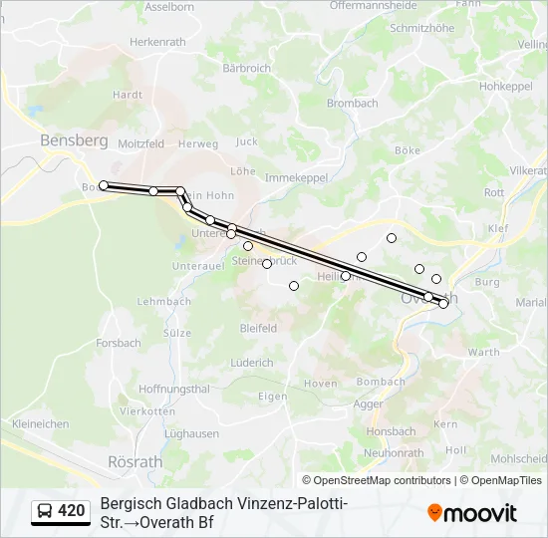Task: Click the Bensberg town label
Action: click(74, 140)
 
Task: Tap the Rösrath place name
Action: click(128, 461)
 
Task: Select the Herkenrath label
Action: click(158, 42)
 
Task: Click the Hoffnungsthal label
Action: click(174, 389)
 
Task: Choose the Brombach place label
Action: click(353, 103)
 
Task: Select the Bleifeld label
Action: click(257, 327)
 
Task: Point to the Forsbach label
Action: click(119, 343)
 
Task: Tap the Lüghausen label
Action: click(191, 433)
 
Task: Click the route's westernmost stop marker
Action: click(104, 185)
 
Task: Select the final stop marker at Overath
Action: click(443, 304)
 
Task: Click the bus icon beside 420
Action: click(45, 511)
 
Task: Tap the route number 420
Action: click(72, 511)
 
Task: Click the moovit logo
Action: click(472, 513)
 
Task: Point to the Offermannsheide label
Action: click(373, 6)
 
